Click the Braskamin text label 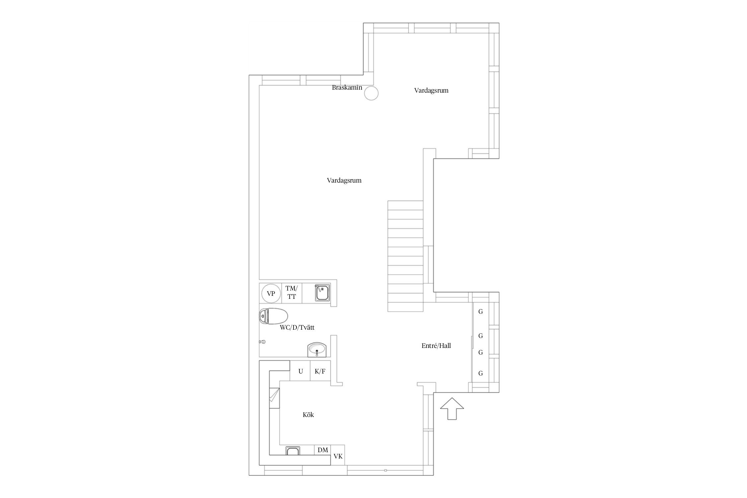click(347, 88)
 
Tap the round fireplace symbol click(371, 93)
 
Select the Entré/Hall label click(436, 346)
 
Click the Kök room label click(308, 415)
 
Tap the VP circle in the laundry click(271, 293)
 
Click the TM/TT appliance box click(292, 293)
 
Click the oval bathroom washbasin click(317, 350)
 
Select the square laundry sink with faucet click(322, 293)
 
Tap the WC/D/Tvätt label click(297, 328)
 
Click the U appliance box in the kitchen click(300, 371)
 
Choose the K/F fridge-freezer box click(320, 371)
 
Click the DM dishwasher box click(323, 450)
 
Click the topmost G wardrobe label click(480, 311)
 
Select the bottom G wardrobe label click(480, 373)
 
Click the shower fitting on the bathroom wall click(262, 341)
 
